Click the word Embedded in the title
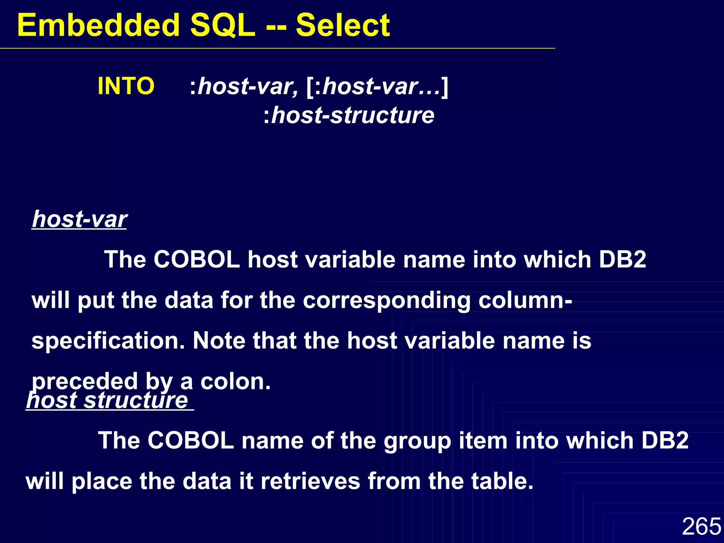point(99,25)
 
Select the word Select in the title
point(343,25)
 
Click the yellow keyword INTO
point(126,86)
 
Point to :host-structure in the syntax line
point(349,115)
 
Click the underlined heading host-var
point(80,219)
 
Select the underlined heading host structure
point(107,401)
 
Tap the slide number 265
point(701,526)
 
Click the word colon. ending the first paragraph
point(235,381)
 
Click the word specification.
point(108,341)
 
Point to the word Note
point(219,341)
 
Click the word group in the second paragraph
point(418,441)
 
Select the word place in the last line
point(102,481)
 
